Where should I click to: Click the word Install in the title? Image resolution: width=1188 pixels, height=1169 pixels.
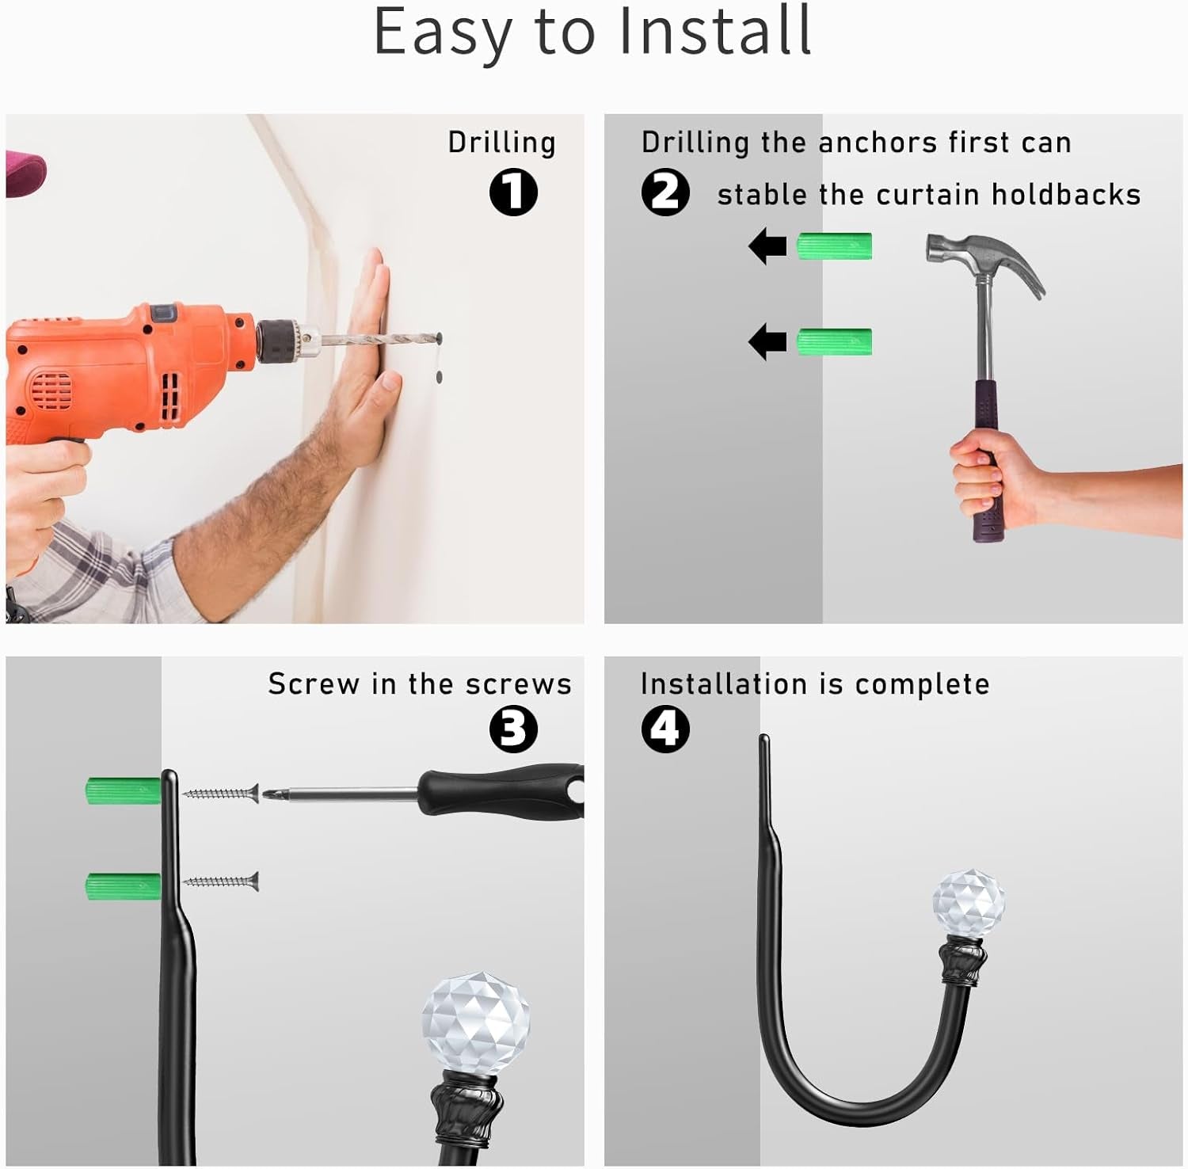click(x=714, y=31)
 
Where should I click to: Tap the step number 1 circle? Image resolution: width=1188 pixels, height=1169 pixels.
click(x=513, y=192)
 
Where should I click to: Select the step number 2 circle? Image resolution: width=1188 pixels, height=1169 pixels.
click(x=665, y=192)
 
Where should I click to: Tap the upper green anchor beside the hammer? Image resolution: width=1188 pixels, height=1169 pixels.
click(x=834, y=246)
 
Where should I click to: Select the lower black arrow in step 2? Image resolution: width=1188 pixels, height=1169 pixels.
click(x=767, y=341)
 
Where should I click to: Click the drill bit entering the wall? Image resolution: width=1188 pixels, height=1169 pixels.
click(x=380, y=340)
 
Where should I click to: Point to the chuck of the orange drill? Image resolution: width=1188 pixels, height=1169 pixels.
click(x=276, y=341)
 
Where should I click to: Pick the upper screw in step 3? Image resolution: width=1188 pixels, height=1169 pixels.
click(x=221, y=792)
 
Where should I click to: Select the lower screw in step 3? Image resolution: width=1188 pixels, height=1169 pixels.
click(x=221, y=880)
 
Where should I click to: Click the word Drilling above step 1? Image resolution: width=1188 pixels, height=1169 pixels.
click(x=501, y=143)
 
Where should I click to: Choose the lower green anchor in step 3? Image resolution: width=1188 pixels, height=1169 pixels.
click(x=124, y=886)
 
